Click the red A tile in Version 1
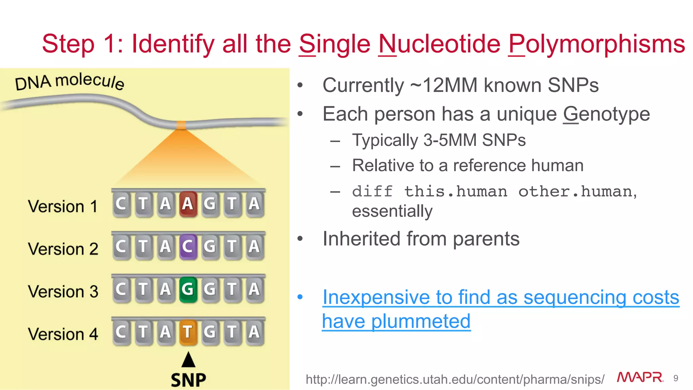click(x=188, y=204)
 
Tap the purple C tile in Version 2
click(x=188, y=247)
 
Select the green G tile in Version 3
click(x=188, y=289)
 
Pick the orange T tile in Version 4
click(x=188, y=332)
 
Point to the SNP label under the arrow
click(x=188, y=380)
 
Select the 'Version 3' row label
click(x=63, y=292)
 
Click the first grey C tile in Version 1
click(x=121, y=204)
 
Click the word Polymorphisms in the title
click(x=596, y=44)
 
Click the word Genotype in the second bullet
click(x=606, y=114)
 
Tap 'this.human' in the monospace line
click(x=455, y=192)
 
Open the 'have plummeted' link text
click(x=396, y=321)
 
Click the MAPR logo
click(x=640, y=377)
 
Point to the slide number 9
click(x=676, y=378)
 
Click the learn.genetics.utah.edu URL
click(x=454, y=380)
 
